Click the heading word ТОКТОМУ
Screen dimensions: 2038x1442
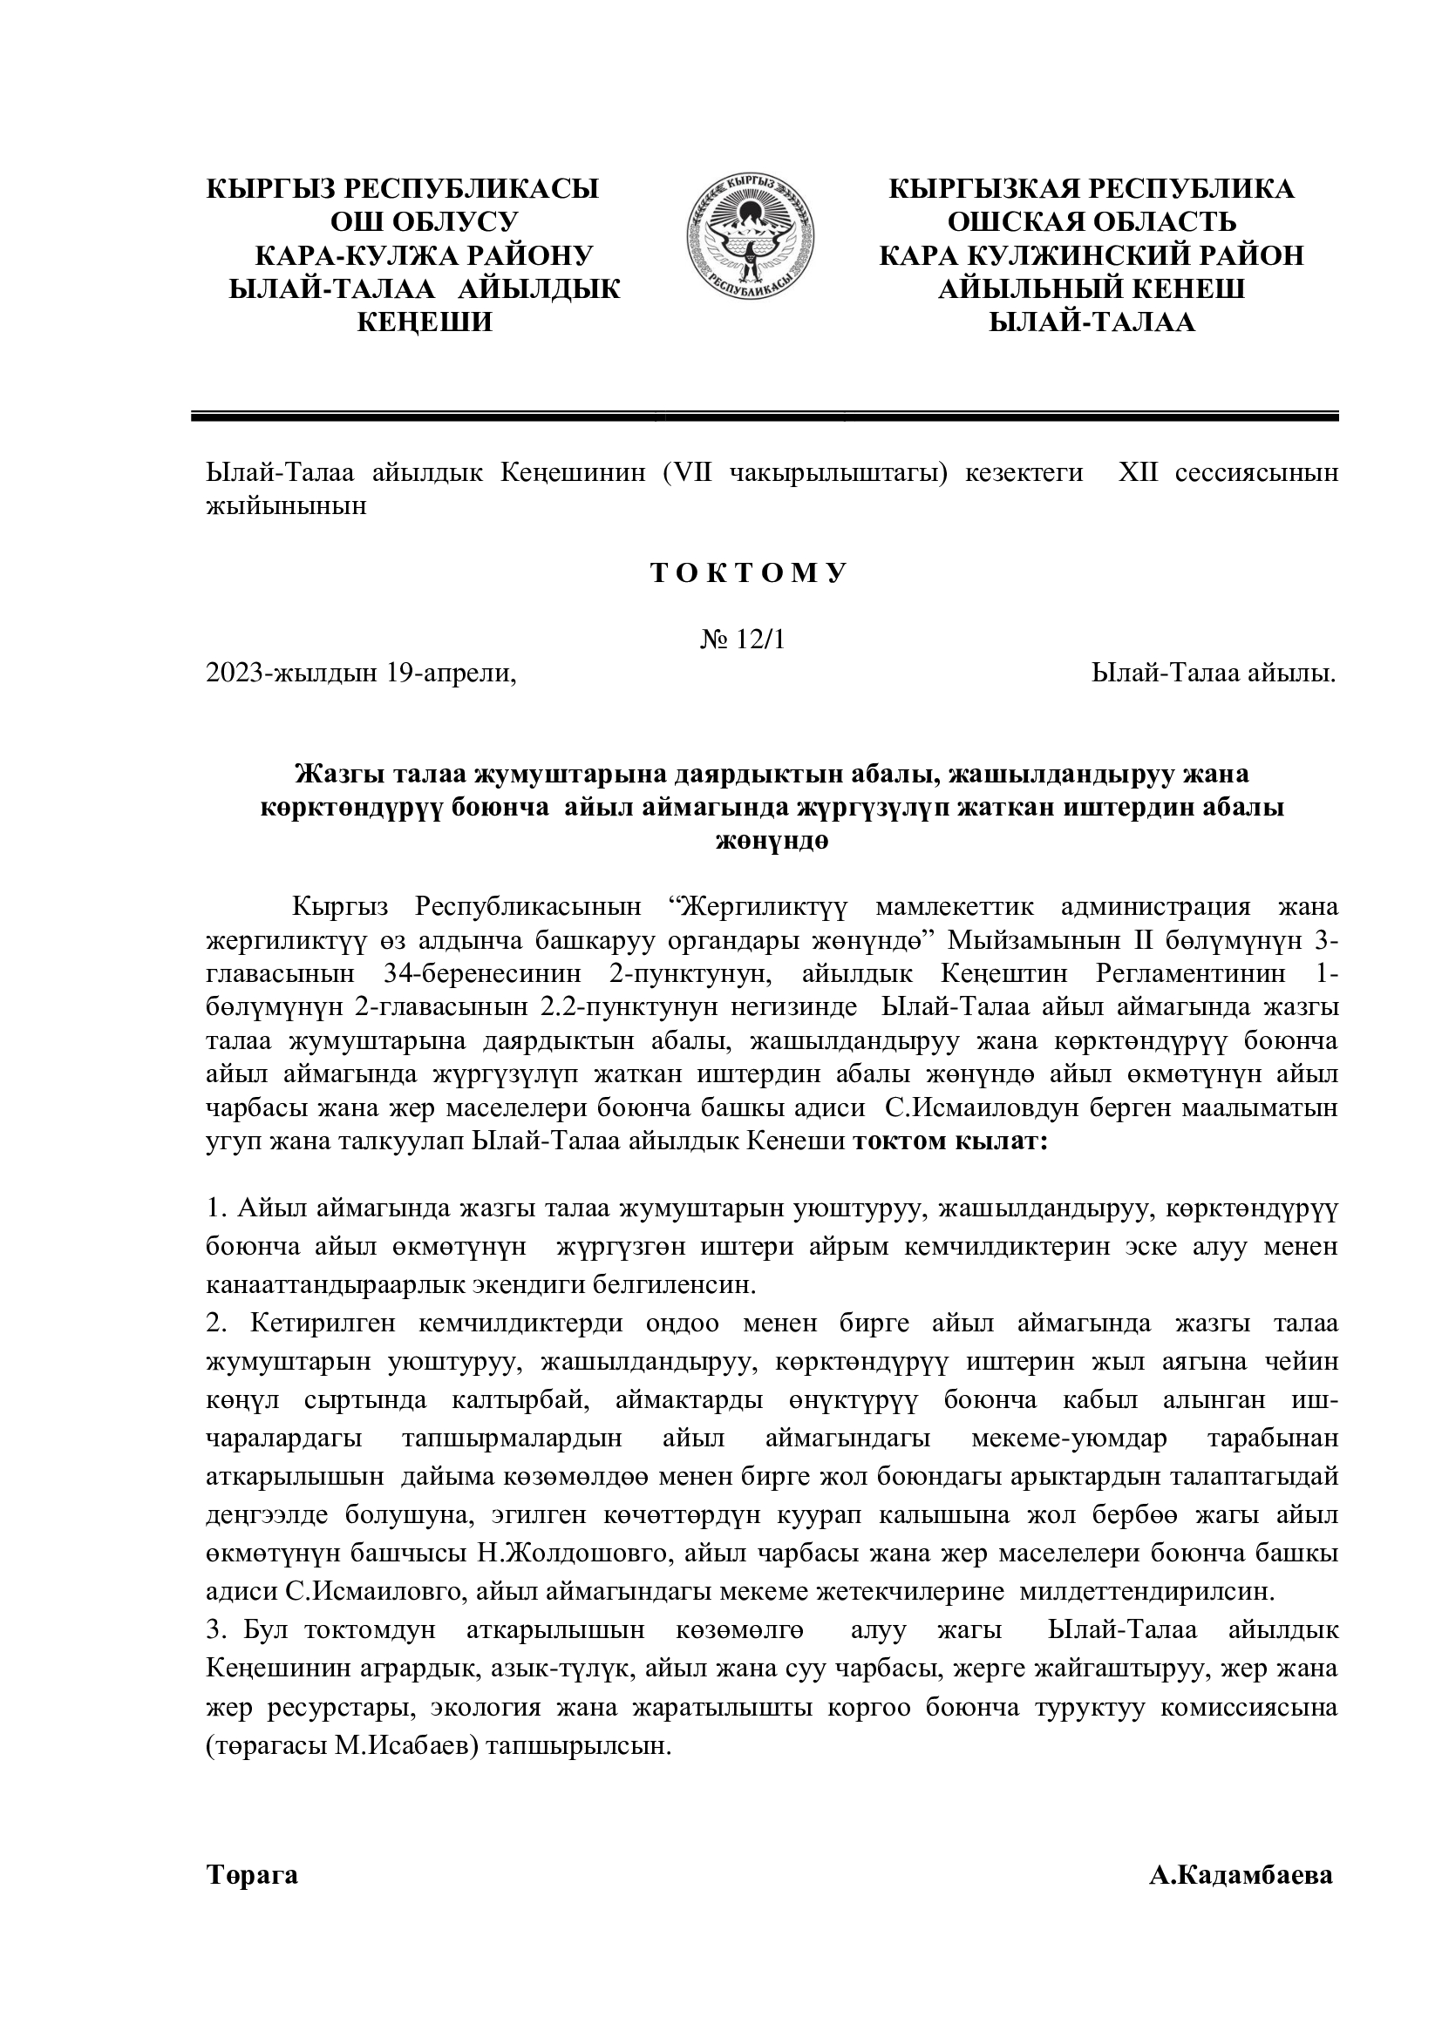click(x=750, y=573)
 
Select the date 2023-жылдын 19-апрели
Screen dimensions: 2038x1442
click(x=361, y=674)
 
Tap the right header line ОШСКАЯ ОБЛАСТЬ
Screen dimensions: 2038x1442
click(x=1092, y=222)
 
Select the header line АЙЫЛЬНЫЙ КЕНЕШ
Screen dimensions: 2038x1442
click(x=1092, y=289)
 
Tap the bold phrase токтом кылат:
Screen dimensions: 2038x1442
click(x=950, y=1141)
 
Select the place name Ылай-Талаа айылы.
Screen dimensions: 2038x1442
click(x=1214, y=674)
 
